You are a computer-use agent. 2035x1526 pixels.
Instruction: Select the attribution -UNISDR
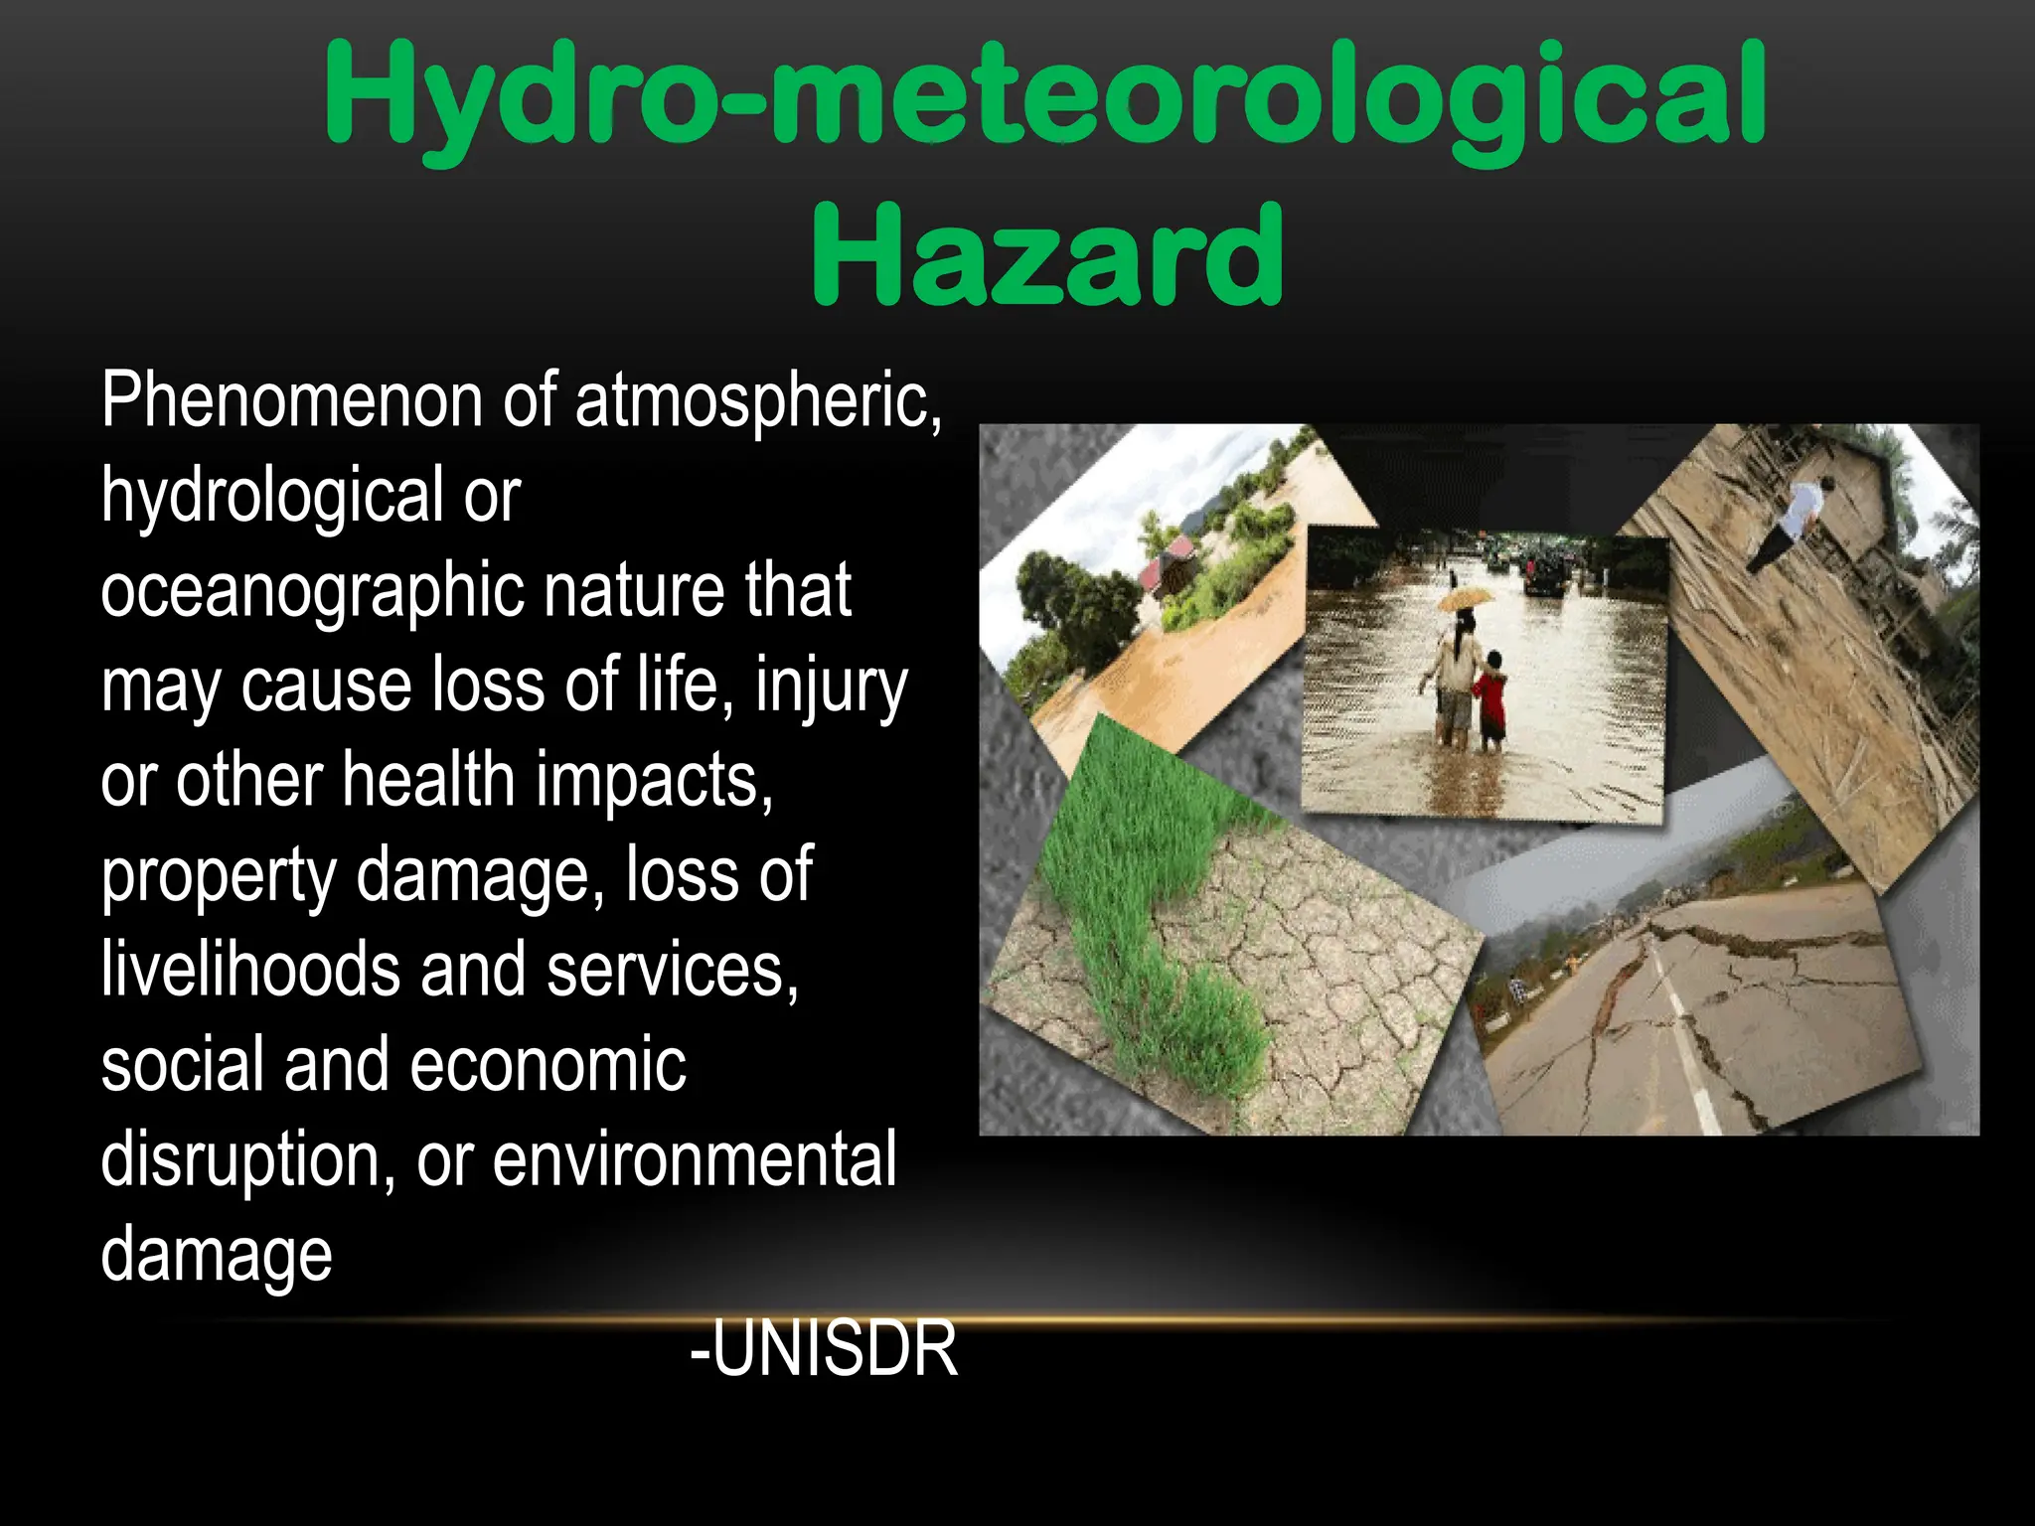(824, 1348)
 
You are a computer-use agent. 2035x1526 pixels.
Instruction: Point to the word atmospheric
(757, 400)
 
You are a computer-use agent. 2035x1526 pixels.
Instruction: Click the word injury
(831, 686)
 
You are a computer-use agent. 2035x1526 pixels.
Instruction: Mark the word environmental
(695, 1159)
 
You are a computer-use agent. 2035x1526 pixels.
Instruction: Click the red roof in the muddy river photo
(1168, 565)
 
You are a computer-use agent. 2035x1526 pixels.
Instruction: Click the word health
(428, 780)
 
